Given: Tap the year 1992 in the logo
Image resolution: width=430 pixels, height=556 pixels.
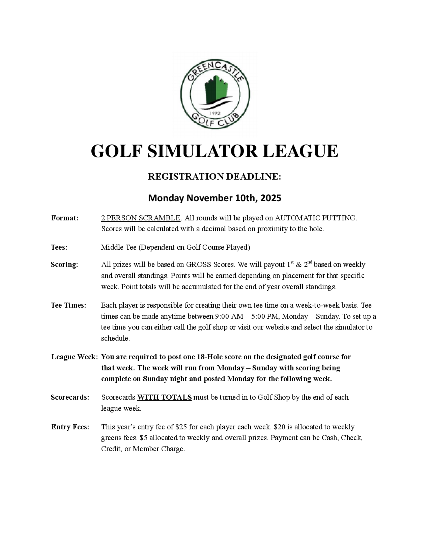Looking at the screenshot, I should (x=215, y=113).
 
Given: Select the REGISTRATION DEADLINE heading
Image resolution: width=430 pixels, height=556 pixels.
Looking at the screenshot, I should (x=215, y=176).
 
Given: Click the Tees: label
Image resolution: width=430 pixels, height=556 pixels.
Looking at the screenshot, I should (x=59, y=247).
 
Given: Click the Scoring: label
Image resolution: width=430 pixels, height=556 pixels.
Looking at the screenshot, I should (x=64, y=265).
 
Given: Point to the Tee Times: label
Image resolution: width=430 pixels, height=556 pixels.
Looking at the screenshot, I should (x=68, y=305).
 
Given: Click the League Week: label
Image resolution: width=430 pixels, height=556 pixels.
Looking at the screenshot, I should (x=74, y=357).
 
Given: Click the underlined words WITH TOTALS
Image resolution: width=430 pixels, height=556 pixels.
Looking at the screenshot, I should (x=164, y=397).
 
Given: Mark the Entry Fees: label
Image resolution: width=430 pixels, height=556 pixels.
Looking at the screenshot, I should (x=70, y=427).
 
